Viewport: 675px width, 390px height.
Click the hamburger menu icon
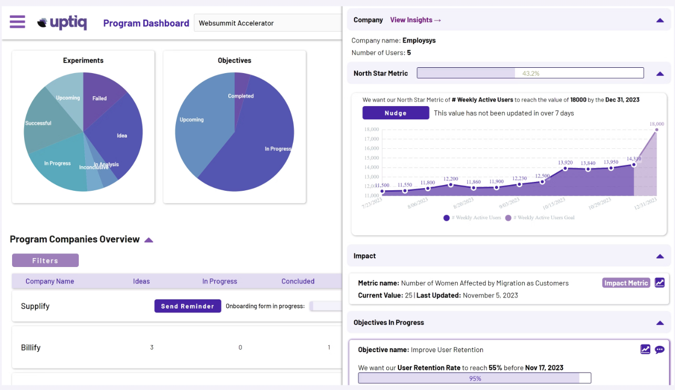(17, 22)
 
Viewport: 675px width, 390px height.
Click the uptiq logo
(62, 23)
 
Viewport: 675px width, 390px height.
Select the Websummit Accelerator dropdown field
(268, 23)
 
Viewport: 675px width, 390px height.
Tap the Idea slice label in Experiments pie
(122, 136)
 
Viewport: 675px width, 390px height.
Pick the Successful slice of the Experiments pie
(38, 123)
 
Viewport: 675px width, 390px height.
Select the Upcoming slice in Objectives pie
(192, 120)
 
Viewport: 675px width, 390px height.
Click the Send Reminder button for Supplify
(187, 306)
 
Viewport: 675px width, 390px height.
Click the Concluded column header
(298, 281)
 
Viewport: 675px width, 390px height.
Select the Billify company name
(30, 347)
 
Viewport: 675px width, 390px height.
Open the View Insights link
(415, 20)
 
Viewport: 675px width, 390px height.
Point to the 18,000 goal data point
(656, 129)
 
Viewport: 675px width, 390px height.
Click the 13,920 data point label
(565, 162)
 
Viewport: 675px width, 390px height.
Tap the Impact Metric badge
(626, 283)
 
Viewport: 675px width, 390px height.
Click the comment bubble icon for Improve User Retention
(659, 350)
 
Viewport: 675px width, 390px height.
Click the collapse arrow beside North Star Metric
(660, 74)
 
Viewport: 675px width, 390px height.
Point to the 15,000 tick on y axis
(371, 158)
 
